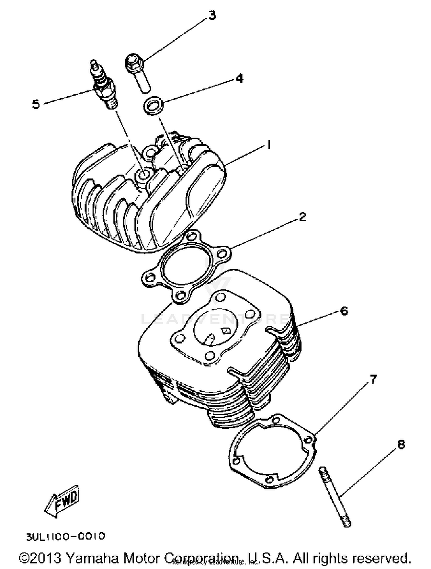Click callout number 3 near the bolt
click(x=212, y=16)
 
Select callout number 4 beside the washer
click(x=239, y=78)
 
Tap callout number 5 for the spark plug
click(x=36, y=104)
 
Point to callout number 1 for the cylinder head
click(x=269, y=145)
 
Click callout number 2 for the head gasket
click(x=302, y=217)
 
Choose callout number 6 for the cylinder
click(x=344, y=311)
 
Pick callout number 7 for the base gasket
click(x=373, y=380)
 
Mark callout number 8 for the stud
click(x=401, y=444)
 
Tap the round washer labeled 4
click(x=154, y=106)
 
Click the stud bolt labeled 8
click(x=334, y=496)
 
